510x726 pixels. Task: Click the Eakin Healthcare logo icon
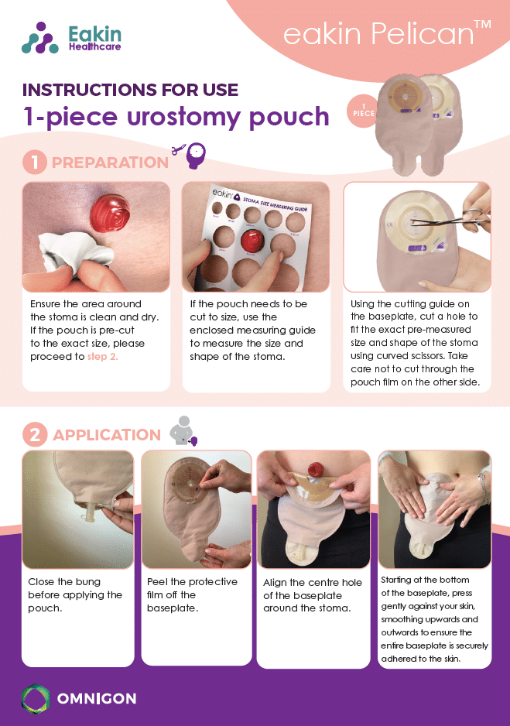tap(39, 38)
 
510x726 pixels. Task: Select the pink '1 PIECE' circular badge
tap(362, 111)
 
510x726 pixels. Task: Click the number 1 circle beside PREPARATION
tap(35, 163)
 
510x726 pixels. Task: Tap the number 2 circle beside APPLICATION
tap(35, 435)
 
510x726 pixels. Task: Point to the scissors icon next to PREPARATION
tap(179, 149)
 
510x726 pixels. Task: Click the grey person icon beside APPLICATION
tap(183, 430)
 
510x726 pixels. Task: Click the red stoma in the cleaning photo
tap(110, 214)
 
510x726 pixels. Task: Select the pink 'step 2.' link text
tap(102, 357)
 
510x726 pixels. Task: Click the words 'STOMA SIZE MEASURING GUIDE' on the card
tap(275, 204)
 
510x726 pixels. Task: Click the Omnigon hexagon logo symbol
tap(35, 698)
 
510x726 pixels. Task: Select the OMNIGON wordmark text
tap(97, 698)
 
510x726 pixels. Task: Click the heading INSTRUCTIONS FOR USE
tap(131, 90)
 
